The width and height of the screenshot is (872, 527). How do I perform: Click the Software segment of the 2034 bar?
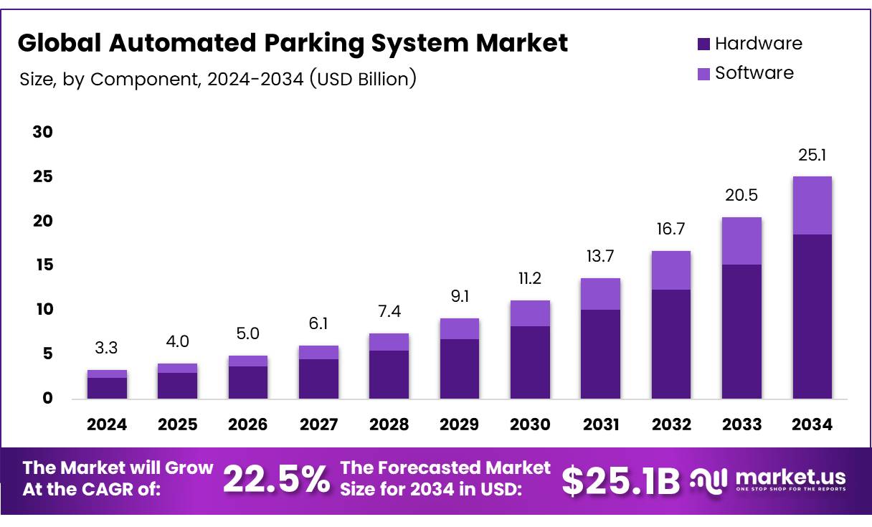[x=812, y=205]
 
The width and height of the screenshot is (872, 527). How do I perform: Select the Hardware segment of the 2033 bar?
[x=741, y=331]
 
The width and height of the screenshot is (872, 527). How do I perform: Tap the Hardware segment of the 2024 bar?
[x=107, y=388]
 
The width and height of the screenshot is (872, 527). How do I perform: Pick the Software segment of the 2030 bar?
[x=530, y=313]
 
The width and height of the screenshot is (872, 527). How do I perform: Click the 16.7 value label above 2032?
[x=671, y=229]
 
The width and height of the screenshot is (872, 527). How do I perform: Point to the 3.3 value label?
[x=107, y=348]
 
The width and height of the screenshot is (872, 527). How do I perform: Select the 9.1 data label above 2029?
[x=460, y=296]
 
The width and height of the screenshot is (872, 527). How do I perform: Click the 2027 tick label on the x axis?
[x=318, y=424]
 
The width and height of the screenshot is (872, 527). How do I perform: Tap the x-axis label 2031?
[x=600, y=424]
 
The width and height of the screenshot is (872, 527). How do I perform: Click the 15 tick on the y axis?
[x=43, y=265]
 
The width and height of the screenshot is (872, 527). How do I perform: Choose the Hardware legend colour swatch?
[x=703, y=44]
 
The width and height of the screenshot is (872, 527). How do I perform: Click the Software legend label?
[x=754, y=73]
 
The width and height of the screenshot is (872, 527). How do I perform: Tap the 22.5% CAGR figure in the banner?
[x=277, y=479]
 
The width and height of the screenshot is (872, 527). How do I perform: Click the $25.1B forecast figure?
[x=620, y=480]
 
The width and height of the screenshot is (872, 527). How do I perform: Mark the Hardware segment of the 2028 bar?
[x=389, y=374]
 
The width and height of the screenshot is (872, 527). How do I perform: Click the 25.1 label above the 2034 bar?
[x=812, y=155]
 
